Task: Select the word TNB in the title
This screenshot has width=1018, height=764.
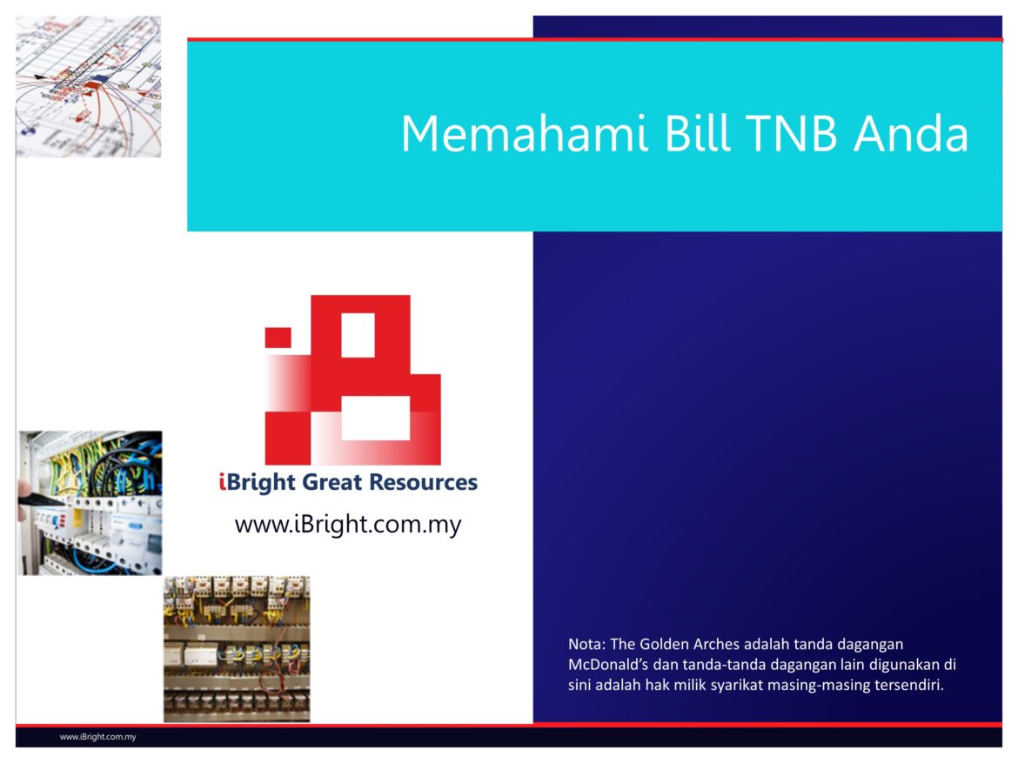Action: tap(788, 134)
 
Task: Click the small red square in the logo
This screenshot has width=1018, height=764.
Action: tap(278, 337)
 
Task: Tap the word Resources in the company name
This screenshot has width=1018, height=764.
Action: tap(424, 482)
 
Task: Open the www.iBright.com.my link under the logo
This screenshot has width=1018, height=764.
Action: tap(348, 525)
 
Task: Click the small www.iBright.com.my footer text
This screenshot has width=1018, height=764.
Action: tap(97, 737)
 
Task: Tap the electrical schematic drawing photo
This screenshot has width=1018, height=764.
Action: tap(88, 86)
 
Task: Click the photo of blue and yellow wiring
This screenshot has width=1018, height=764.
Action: tap(90, 503)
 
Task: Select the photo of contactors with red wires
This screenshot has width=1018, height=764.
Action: tap(237, 648)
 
